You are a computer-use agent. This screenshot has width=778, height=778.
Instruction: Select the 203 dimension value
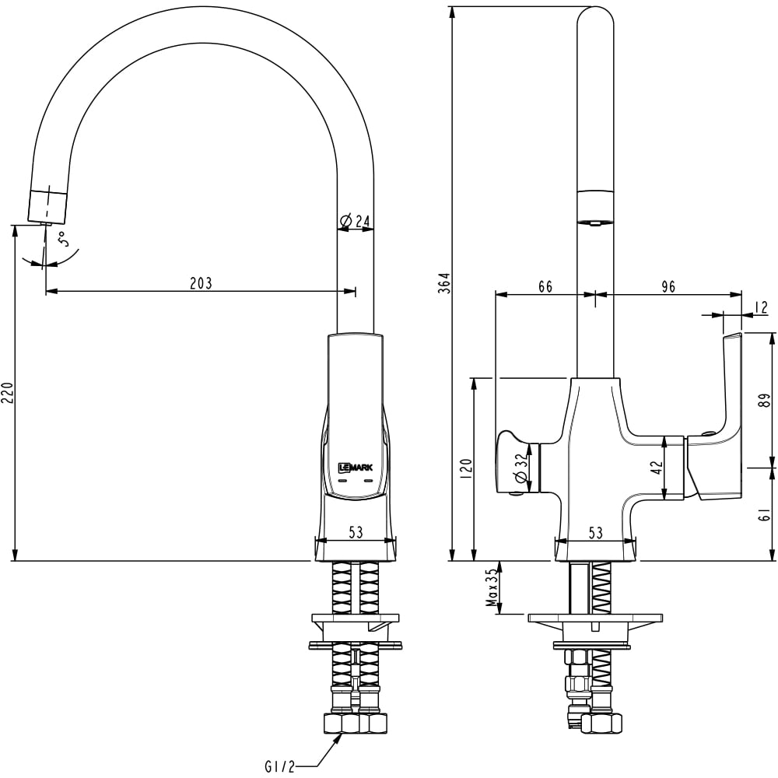[x=201, y=283]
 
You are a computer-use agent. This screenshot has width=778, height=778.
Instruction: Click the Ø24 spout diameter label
[x=356, y=222]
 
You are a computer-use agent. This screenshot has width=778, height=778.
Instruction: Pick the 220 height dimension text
[x=7, y=394]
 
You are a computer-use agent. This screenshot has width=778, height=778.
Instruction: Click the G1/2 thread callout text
[x=280, y=767]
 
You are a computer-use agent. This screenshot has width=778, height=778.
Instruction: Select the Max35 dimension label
[x=491, y=587]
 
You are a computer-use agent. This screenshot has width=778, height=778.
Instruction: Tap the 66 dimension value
[x=545, y=287]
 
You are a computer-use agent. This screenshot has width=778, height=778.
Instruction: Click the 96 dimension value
[x=668, y=287]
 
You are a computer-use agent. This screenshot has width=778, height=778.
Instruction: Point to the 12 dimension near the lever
[x=762, y=308]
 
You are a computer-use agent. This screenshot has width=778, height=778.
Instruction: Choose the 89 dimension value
[x=765, y=401]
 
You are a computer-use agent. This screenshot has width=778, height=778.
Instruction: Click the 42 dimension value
[x=656, y=468]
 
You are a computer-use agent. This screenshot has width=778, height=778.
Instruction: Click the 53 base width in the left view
[x=356, y=533]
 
